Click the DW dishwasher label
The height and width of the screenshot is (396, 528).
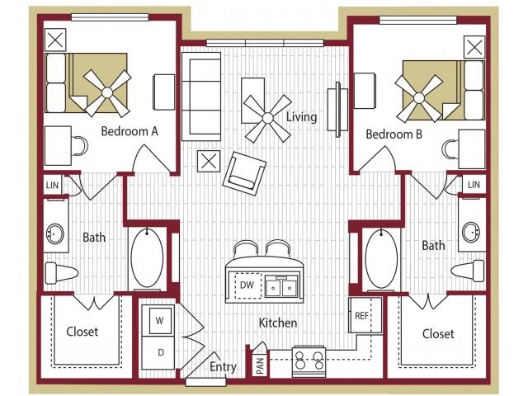tap(247, 285)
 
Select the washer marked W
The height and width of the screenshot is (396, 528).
tap(158, 320)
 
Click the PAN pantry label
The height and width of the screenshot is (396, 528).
tap(261, 365)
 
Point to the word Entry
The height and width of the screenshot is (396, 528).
tap(223, 366)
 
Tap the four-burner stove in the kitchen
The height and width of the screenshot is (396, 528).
tap(309, 361)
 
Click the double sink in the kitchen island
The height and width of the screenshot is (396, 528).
tap(282, 286)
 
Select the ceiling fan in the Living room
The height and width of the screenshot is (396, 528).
tap(267, 118)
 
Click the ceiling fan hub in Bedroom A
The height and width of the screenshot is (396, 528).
tap(107, 92)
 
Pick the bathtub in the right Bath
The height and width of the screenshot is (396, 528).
tap(381, 258)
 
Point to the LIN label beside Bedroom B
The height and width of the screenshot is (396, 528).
tap(474, 185)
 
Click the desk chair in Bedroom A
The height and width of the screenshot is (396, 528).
tap(80, 146)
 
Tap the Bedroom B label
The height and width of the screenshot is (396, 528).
tap(394, 134)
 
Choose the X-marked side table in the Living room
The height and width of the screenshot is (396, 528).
tap(209, 162)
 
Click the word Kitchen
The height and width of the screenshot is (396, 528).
tap(278, 323)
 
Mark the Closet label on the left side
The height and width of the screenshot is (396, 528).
tap(82, 332)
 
